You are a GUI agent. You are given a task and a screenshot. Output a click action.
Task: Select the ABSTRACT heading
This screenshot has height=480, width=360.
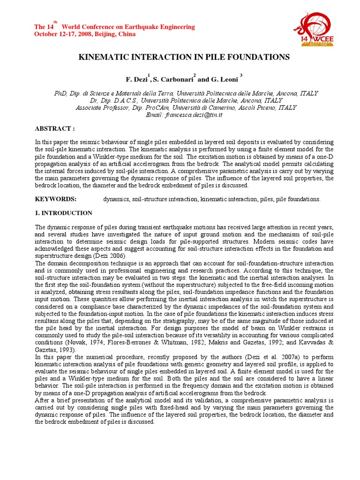point(55,128)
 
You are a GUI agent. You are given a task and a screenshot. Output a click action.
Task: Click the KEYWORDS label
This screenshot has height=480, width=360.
point(56,199)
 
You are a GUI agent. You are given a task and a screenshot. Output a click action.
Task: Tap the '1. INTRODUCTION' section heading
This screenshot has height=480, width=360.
point(64,213)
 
